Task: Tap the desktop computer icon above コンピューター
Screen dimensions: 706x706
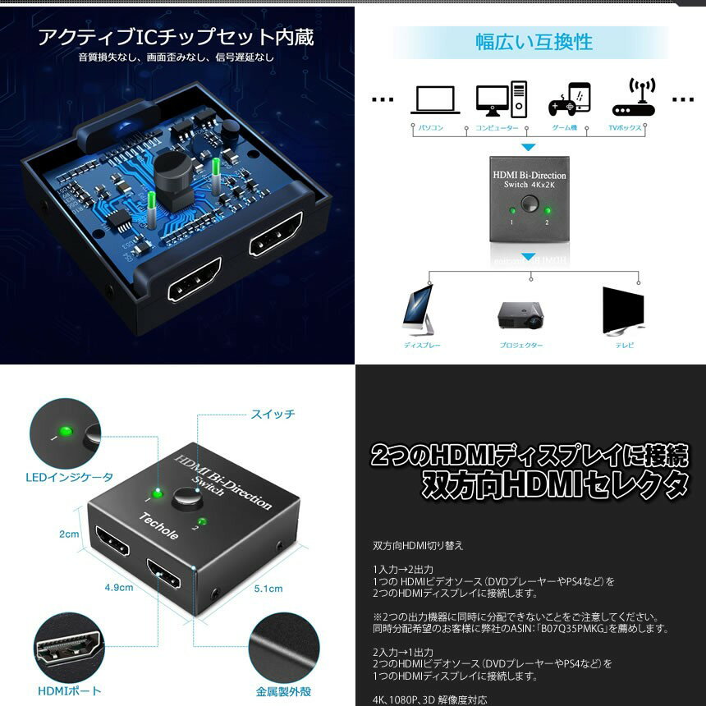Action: [500, 99]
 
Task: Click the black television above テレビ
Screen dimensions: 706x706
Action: [624, 310]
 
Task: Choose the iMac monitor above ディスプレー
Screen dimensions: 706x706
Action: [419, 310]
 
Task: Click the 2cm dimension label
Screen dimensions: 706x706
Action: [69, 534]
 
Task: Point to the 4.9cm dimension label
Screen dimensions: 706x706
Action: [118, 588]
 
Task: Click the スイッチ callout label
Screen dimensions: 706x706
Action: [273, 415]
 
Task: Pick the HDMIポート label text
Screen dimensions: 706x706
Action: [70, 691]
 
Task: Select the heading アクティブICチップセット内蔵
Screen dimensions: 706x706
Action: [176, 38]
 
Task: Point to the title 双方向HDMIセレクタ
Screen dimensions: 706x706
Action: [555, 484]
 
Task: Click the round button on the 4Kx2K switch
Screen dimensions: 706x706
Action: [529, 204]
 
